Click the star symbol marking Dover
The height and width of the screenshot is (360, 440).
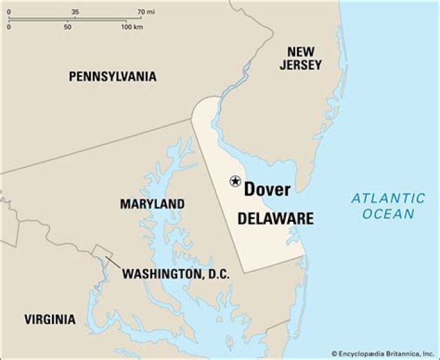point(235,180)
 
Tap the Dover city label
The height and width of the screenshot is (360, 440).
point(267,189)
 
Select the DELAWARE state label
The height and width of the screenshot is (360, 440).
point(275,219)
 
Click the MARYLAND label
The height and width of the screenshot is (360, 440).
point(152,204)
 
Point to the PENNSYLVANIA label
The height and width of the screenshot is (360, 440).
point(112,76)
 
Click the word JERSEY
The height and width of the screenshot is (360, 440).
point(301,65)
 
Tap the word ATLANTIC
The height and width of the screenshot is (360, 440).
point(388,198)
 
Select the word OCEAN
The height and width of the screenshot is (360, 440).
point(388,214)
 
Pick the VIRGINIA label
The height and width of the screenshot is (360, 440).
point(50,319)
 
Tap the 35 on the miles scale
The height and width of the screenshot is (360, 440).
point(75,12)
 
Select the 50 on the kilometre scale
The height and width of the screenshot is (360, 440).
point(67,28)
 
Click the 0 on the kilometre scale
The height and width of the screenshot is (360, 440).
point(9,28)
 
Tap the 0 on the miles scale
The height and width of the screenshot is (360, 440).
point(9,12)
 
